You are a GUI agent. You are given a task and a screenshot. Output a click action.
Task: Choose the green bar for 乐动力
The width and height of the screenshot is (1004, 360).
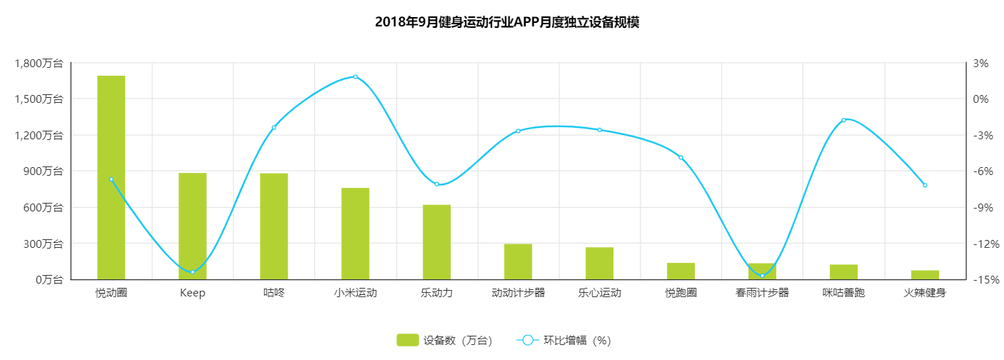(x=436, y=242)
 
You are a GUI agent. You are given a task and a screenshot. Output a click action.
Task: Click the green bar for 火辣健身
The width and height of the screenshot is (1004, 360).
(x=925, y=275)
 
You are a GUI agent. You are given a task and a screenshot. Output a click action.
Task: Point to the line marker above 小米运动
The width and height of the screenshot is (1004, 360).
(x=355, y=76)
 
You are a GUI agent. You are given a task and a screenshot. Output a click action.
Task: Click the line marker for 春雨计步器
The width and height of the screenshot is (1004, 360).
(x=762, y=276)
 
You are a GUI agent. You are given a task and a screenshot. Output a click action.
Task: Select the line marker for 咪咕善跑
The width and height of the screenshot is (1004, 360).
(x=843, y=120)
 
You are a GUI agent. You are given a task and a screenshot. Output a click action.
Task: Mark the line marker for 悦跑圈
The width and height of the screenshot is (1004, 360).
(x=681, y=158)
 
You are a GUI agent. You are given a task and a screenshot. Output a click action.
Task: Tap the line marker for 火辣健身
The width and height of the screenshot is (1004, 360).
(x=925, y=185)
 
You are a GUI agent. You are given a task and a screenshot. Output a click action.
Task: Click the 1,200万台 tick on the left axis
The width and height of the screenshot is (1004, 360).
(x=39, y=135)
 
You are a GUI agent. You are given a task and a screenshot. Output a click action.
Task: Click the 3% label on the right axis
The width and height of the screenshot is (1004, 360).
(x=980, y=63)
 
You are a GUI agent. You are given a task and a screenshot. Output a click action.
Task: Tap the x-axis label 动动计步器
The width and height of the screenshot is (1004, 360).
(x=518, y=293)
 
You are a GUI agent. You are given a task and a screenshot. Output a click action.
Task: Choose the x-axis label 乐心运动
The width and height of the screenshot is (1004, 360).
(x=599, y=293)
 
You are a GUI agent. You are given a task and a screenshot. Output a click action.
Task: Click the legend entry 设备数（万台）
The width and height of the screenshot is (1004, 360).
(x=444, y=341)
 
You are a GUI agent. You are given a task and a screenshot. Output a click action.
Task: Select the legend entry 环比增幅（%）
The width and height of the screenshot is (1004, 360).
(x=564, y=341)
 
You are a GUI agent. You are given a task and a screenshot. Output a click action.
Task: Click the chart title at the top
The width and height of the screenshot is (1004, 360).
(x=506, y=22)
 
